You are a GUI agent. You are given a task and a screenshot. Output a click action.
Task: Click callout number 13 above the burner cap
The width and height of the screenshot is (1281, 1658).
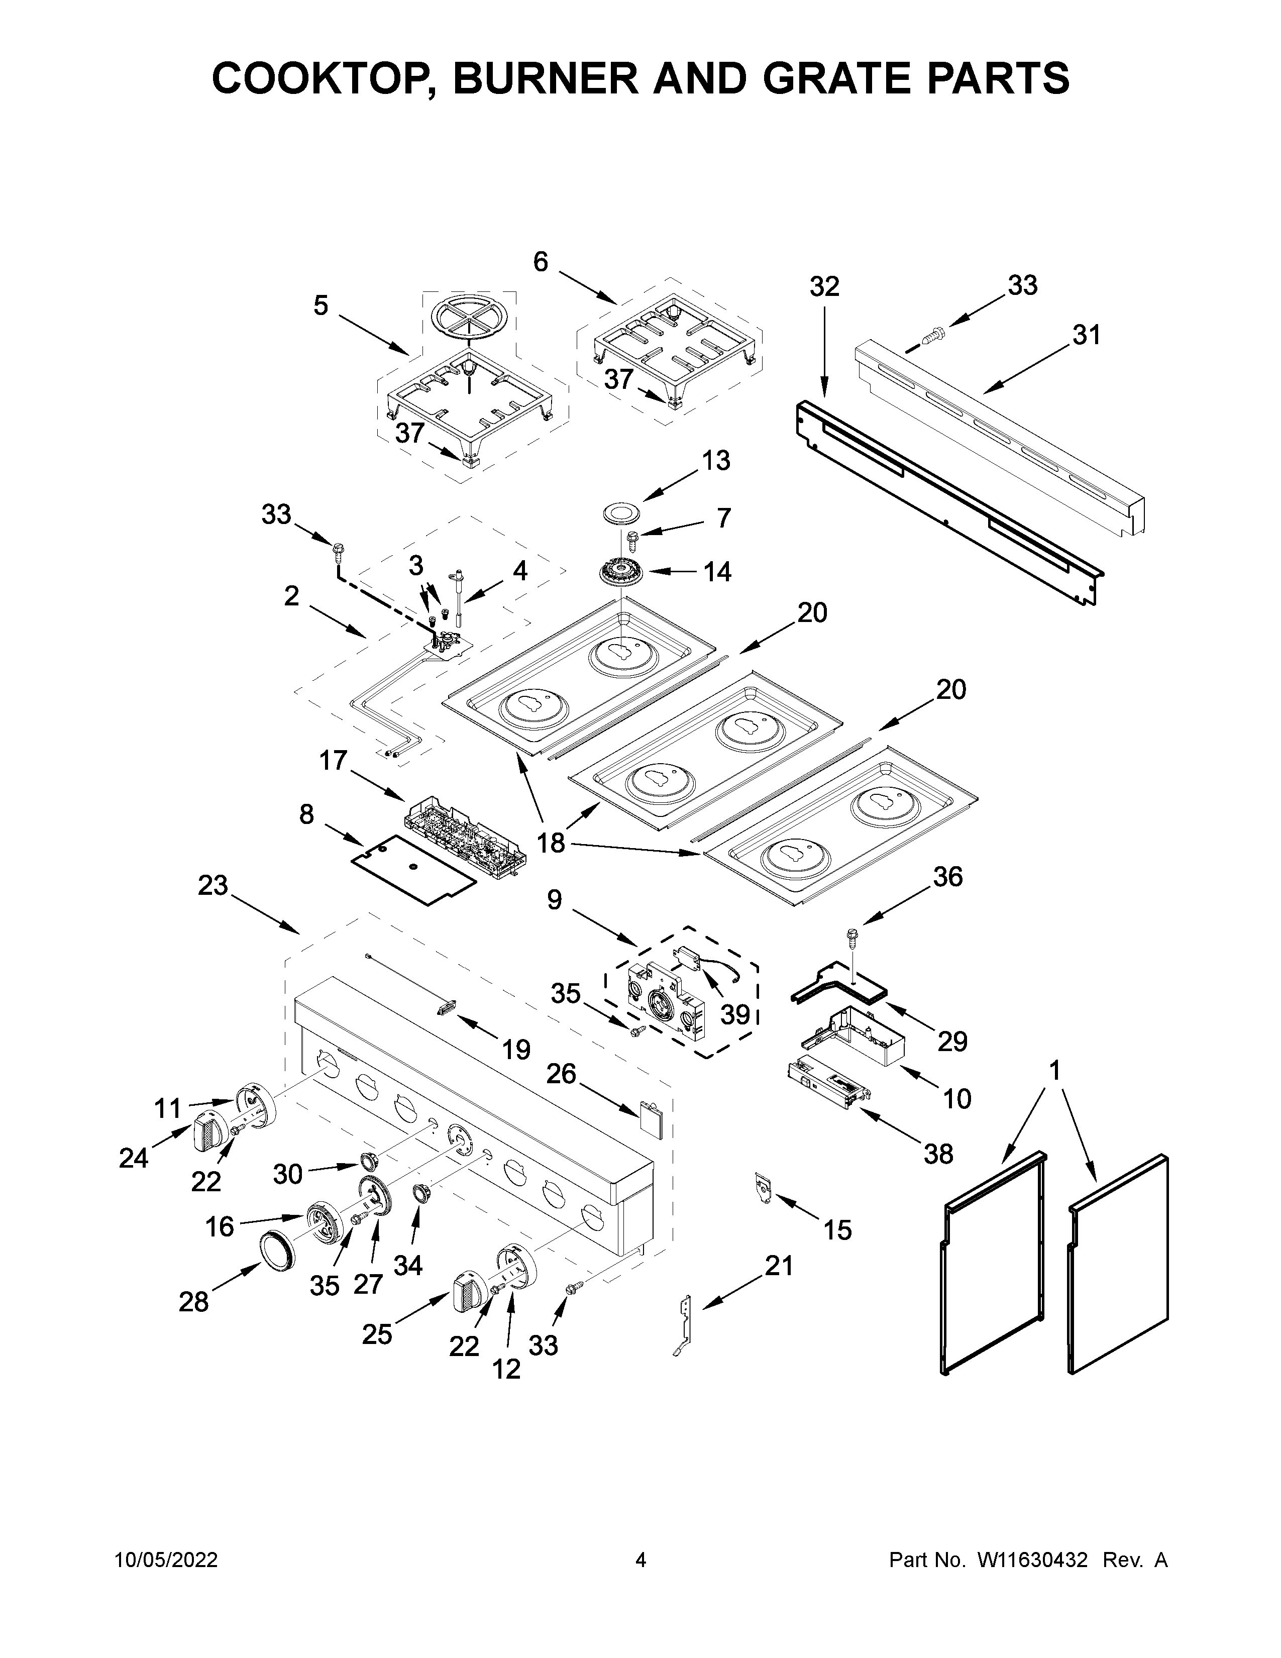(716, 460)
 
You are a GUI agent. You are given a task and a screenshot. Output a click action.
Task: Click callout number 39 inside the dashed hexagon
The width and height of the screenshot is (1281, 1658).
(734, 1014)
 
